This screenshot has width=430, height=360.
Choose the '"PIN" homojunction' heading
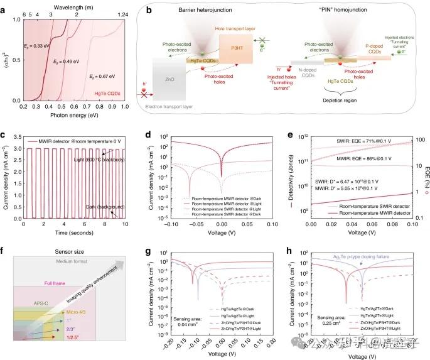[x=336, y=11]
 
